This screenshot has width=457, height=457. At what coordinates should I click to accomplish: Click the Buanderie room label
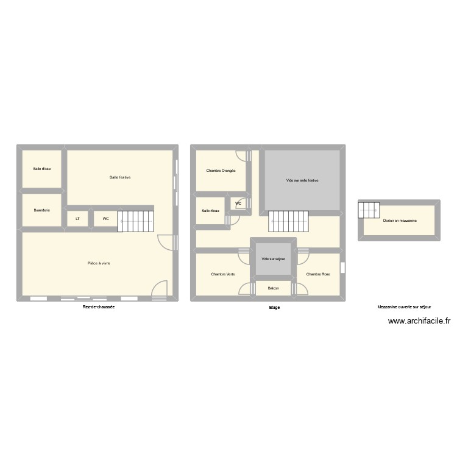point(42,210)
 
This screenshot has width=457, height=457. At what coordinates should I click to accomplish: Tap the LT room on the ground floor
point(77,218)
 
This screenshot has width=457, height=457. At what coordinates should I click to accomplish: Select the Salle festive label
point(120,177)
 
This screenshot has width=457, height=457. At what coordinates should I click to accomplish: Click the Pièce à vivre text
point(99,263)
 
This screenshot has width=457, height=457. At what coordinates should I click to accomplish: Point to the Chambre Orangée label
point(221,171)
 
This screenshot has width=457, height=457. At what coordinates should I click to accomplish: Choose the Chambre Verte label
point(223,274)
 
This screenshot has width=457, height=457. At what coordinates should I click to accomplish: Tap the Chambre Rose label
point(318,274)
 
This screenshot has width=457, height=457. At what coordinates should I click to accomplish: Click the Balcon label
point(273,288)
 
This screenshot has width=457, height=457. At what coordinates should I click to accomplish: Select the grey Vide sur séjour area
point(273,259)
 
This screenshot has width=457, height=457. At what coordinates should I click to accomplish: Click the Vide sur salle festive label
point(302,180)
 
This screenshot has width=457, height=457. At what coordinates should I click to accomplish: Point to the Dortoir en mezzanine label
point(400,220)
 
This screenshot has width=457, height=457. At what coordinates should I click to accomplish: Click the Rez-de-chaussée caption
point(99,307)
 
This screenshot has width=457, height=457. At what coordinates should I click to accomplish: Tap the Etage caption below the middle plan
point(274,308)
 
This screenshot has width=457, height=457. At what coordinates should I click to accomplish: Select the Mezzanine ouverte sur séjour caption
point(404,307)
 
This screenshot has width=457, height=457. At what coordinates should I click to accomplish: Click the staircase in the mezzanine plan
point(369,209)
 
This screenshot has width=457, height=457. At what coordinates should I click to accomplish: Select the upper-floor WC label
point(238,204)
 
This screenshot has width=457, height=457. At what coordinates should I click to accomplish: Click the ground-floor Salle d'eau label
point(42,169)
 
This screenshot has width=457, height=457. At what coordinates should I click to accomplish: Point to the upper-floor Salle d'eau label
point(210,211)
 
